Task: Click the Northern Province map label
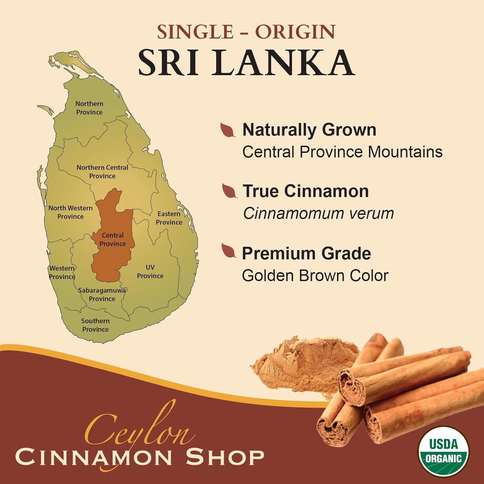click(89, 108)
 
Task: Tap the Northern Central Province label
click(102, 172)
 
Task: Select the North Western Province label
click(70, 212)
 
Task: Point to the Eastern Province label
click(169, 218)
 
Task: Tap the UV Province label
click(150, 272)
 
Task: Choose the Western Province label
click(62, 272)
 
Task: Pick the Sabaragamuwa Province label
click(102, 295)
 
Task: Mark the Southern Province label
click(95, 325)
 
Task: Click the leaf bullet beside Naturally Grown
click(228, 130)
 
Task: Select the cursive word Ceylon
click(139, 426)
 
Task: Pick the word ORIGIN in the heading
click(295, 32)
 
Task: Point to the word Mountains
click(405, 152)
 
